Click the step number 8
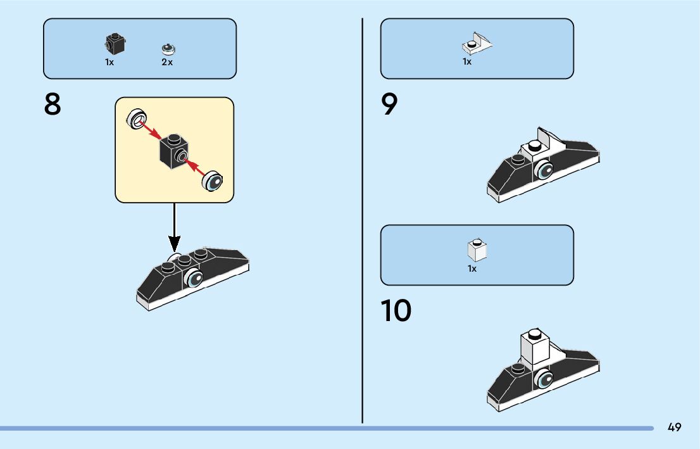[53, 105]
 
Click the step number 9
[390, 105]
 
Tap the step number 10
[396, 311]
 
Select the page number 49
[674, 427]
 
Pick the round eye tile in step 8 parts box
[168, 48]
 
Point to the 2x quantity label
[167, 63]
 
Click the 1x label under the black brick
[109, 63]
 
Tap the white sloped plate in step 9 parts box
[477, 44]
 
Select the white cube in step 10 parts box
[477, 251]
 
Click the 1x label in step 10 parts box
[472, 269]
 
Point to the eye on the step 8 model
[194, 278]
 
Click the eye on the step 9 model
[544, 170]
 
